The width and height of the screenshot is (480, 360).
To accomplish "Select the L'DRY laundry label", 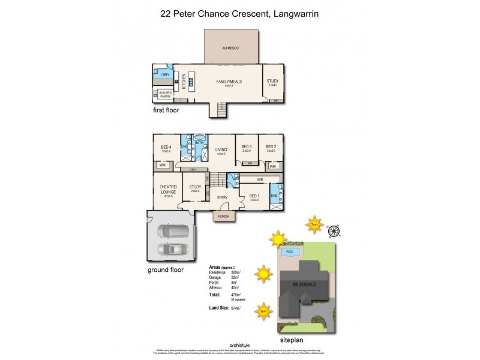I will click(x=164, y=75).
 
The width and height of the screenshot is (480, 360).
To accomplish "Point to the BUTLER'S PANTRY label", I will click(x=165, y=93).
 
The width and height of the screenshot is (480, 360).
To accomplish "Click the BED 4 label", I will click(x=166, y=147).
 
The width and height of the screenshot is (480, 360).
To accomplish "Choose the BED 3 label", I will click(x=245, y=147).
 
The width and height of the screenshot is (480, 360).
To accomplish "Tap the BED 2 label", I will click(x=271, y=147).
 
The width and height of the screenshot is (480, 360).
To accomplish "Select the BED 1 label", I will click(x=254, y=196).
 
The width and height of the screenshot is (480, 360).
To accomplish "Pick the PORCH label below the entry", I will click(x=224, y=216).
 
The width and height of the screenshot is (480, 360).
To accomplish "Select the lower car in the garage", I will click(x=173, y=249).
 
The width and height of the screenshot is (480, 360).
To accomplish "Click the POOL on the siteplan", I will click(x=290, y=251).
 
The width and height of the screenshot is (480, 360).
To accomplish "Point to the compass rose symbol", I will click(x=334, y=230).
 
